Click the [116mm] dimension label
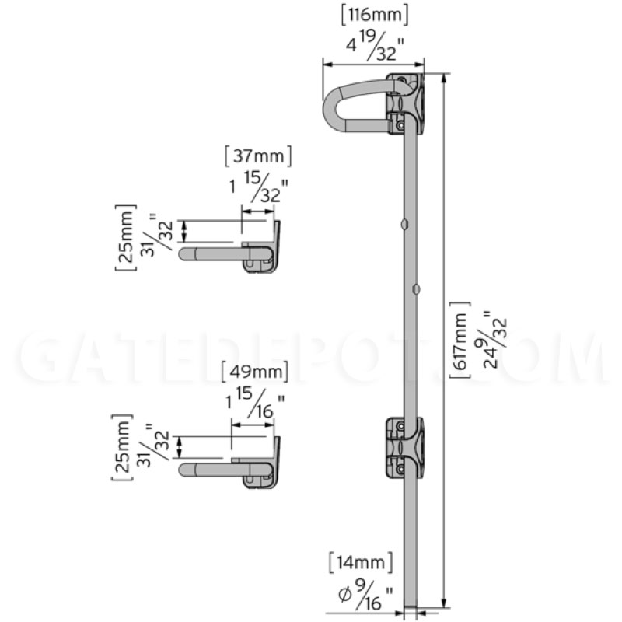(374, 16)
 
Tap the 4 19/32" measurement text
(375, 47)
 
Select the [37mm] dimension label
(258, 156)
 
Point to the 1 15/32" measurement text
(259, 187)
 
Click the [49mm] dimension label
(254, 372)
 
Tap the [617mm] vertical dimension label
(460, 341)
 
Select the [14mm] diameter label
(361, 562)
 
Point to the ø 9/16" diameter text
(365, 593)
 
